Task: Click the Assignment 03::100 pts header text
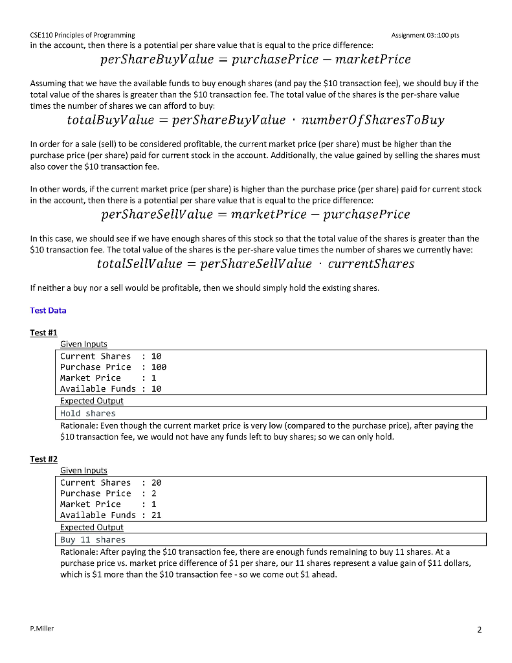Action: (425, 34)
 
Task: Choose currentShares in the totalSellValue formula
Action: (371, 264)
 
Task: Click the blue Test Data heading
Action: (48, 310)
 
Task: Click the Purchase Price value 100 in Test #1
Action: (159, 366)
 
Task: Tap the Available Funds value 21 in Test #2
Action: (156, 515)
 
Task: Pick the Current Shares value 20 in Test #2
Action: (156, 482)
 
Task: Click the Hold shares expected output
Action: (87, 413)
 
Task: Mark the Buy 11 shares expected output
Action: (93, 539)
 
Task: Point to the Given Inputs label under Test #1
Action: (83, 344)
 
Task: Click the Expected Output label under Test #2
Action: (91, 527)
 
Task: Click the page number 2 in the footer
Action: (479, 629)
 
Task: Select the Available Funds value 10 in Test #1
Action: (156, 388)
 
